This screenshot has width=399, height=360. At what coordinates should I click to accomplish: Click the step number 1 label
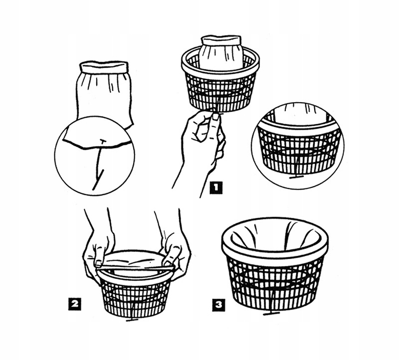pos(216,188)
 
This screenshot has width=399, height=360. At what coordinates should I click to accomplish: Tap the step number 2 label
pos(74,304)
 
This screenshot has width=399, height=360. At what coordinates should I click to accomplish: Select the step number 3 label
pos(219,305)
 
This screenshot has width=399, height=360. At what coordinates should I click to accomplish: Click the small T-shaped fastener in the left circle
pos(103,142)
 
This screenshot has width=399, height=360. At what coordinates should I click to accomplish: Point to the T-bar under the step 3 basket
pos(271,314)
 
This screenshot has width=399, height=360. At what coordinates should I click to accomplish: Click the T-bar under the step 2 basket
pos(132,320)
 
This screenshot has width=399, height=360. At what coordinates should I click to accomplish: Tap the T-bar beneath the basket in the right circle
pos(297,177)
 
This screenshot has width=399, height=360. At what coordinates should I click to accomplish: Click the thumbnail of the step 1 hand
pos(215,117)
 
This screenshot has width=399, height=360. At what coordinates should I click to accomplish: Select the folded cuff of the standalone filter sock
pos(104,67)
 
